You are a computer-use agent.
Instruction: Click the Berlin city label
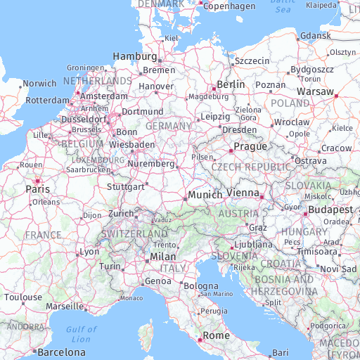pyautogui.click(x=231, y=84)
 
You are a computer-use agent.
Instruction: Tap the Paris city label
pyautogui.click(x=37, y=189)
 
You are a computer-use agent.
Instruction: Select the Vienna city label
pyautogui.click(x=242, y=193)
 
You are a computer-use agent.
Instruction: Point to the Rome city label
pyautogui.click(x=216, y=335)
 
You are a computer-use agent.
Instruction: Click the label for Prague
pyautogui.click(x=250, y=146)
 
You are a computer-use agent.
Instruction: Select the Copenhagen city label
pyautogui.click(x=229, y=6)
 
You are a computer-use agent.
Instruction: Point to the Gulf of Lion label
pyautogui.click(x=81, y=334)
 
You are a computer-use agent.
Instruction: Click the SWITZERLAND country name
pyautogui.click(x=134, y=233)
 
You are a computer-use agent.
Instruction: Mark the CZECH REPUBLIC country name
pyautogui.click(x=251, y=167)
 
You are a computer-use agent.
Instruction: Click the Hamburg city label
pyautogui.click(x=135, y=56)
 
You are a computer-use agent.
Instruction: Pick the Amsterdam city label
pyautogui.click(x=104, y=96)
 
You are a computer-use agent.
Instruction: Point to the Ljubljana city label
pyautogui.click(x=252, y=244)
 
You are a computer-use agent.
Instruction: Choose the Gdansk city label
pyautogui.click(x=315, y=36)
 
